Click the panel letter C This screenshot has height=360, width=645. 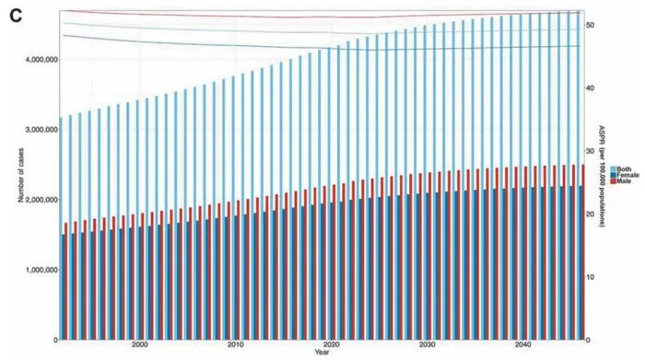click(16, 16)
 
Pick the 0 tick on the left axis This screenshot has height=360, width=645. click(55, 340)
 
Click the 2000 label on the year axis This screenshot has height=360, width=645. click(140, 344)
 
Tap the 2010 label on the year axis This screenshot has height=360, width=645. click(236, 344)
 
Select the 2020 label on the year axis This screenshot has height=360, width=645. click(332, 344)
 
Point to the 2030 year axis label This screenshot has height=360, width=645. click(428, 344)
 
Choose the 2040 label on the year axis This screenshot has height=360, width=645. click(522, 344)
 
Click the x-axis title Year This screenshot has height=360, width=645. click(322, 353)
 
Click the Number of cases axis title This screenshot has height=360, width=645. click(20, 175)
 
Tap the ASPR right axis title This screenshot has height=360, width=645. click(602, 176)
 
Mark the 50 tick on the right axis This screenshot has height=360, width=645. click(591, 25)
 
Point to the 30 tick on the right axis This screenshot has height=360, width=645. click(591, 151)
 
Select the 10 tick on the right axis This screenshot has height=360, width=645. click(591, 277)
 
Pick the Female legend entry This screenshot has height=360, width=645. click(625, 175)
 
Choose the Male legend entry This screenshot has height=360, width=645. click(621, 180)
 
